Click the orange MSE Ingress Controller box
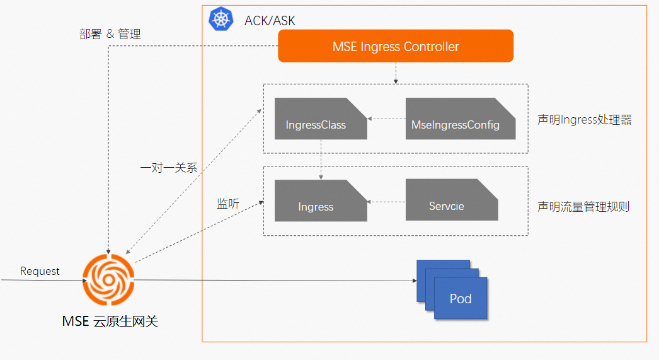396,47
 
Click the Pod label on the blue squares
461,298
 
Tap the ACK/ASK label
270,21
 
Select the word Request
40,271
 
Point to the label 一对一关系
169,168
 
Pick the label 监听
228,203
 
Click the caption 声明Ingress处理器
584,119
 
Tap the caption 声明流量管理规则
583,206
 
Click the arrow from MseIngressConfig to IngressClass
386,119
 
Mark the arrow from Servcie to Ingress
386,202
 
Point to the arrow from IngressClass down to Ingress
321,160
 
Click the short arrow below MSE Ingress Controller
396,74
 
